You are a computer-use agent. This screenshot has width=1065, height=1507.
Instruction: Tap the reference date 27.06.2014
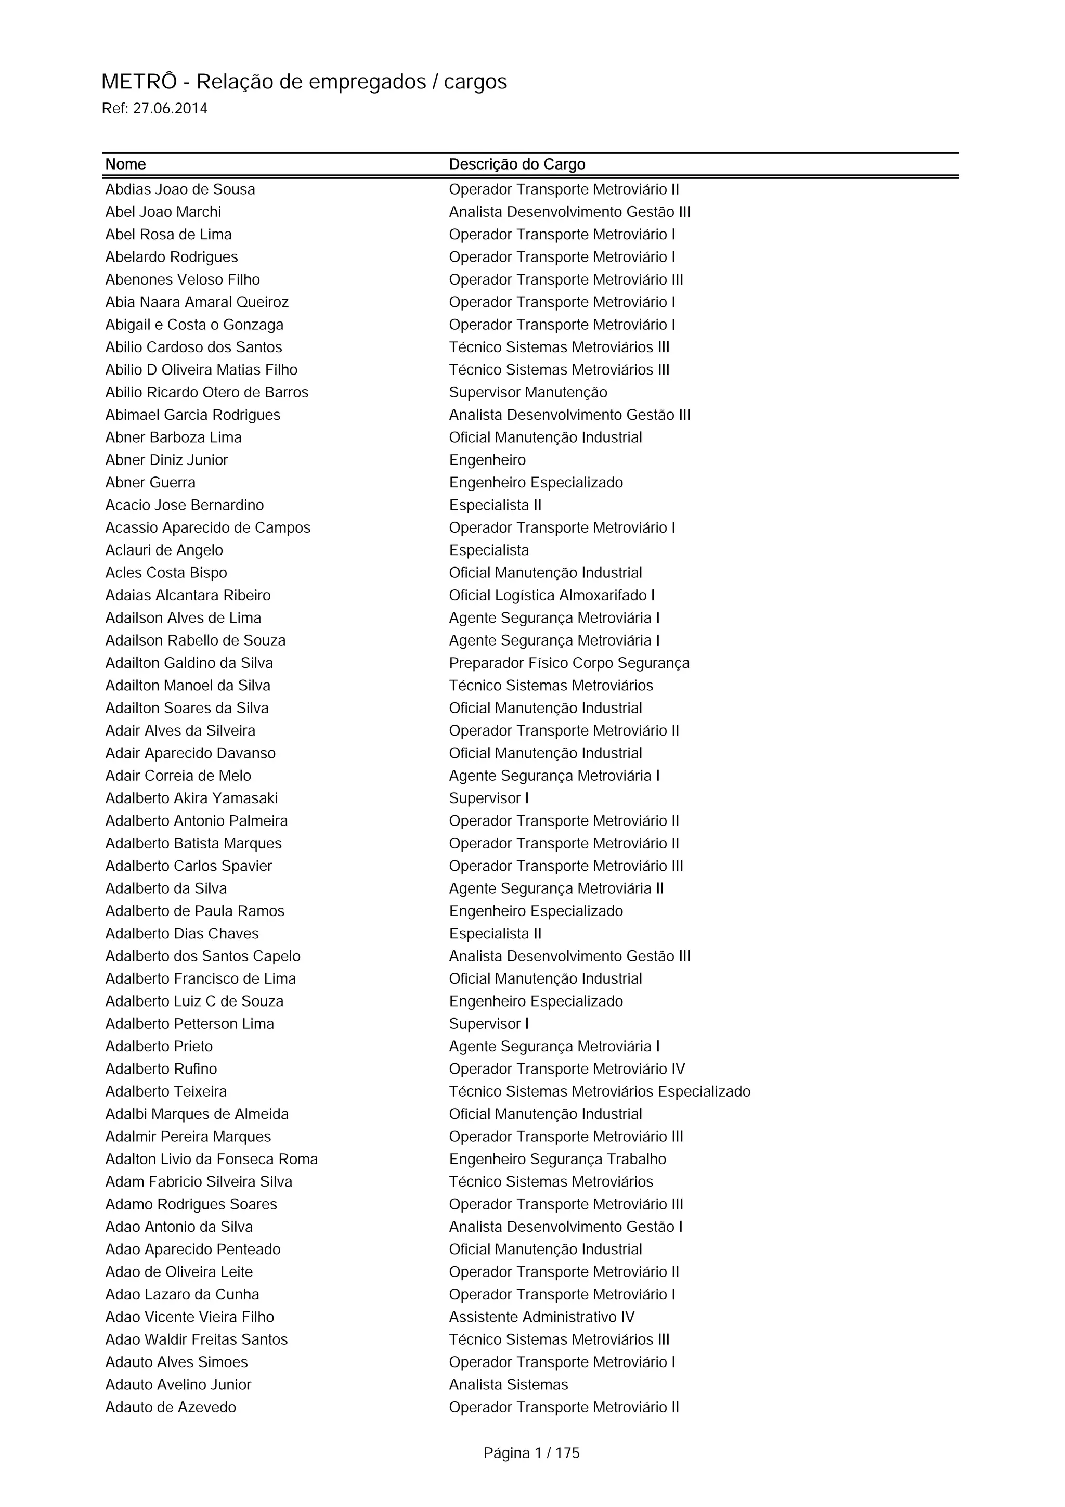coord(170,109)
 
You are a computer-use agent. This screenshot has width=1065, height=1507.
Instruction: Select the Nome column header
coord(125,164)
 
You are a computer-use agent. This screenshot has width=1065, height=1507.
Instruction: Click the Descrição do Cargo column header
coord(516,164)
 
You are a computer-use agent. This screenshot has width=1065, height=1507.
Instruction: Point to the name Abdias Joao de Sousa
coord(180,190)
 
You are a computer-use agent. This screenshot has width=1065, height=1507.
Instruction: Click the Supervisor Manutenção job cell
coord(528,393)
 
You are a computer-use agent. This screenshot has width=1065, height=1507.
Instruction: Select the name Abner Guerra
coord(150,483)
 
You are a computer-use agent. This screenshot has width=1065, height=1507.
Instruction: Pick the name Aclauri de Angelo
coord(164,551)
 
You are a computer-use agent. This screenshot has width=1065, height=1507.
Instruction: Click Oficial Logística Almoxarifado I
coord(551,596)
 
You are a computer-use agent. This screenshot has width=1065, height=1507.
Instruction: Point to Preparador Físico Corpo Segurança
coord(569,664)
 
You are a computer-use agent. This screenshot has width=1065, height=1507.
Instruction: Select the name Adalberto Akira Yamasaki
coord(191,799)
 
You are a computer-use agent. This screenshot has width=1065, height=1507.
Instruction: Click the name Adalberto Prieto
coord(159,1047)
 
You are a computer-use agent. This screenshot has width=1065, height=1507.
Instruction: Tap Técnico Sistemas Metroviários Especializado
coord(599,1092)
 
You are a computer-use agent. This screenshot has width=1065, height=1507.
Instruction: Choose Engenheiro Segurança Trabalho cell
coord(557,1160)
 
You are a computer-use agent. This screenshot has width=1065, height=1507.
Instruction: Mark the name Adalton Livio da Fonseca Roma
coord(211,1160)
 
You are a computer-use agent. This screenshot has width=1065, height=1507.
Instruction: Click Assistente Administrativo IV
coord(541,1317)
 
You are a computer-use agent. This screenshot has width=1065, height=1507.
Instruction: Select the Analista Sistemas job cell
coord(508,1385)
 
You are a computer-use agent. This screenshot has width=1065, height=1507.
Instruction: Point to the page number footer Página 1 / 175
coord(531,1453)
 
